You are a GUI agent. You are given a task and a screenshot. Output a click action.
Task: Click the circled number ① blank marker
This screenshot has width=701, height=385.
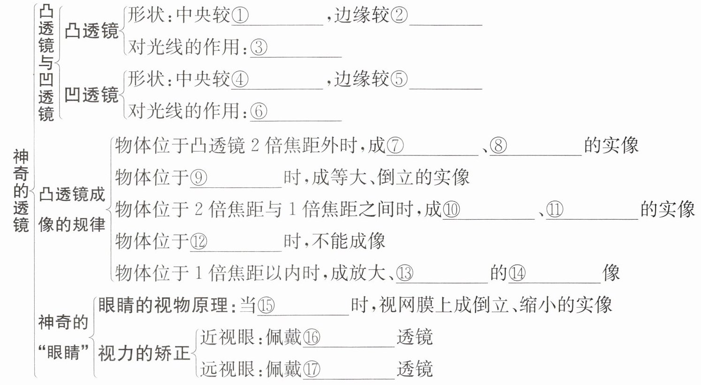(240, 16)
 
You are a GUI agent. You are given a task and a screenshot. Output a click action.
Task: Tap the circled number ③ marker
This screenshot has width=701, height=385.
(259, 47)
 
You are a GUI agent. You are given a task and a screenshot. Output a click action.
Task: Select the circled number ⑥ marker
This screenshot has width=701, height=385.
(259, 111)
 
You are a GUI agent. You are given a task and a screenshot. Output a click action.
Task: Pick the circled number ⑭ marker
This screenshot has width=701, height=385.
(517, 273)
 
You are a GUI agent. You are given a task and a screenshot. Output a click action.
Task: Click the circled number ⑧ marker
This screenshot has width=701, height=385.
(498, 146)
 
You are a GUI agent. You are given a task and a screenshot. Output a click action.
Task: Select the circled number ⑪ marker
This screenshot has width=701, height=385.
(555, 209)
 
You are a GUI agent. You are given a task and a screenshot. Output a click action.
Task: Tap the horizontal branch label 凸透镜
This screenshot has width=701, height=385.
(91, 31)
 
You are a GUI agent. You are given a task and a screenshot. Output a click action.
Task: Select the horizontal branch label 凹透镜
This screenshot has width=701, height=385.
(91, 95)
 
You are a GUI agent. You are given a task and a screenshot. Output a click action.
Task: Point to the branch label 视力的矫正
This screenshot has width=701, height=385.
(144, 353)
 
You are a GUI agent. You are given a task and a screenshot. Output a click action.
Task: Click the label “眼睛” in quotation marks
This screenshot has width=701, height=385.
(64, 352)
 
